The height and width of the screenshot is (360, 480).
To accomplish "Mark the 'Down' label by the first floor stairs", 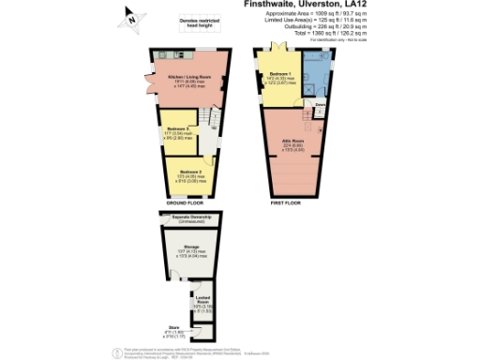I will click(320, 105).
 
